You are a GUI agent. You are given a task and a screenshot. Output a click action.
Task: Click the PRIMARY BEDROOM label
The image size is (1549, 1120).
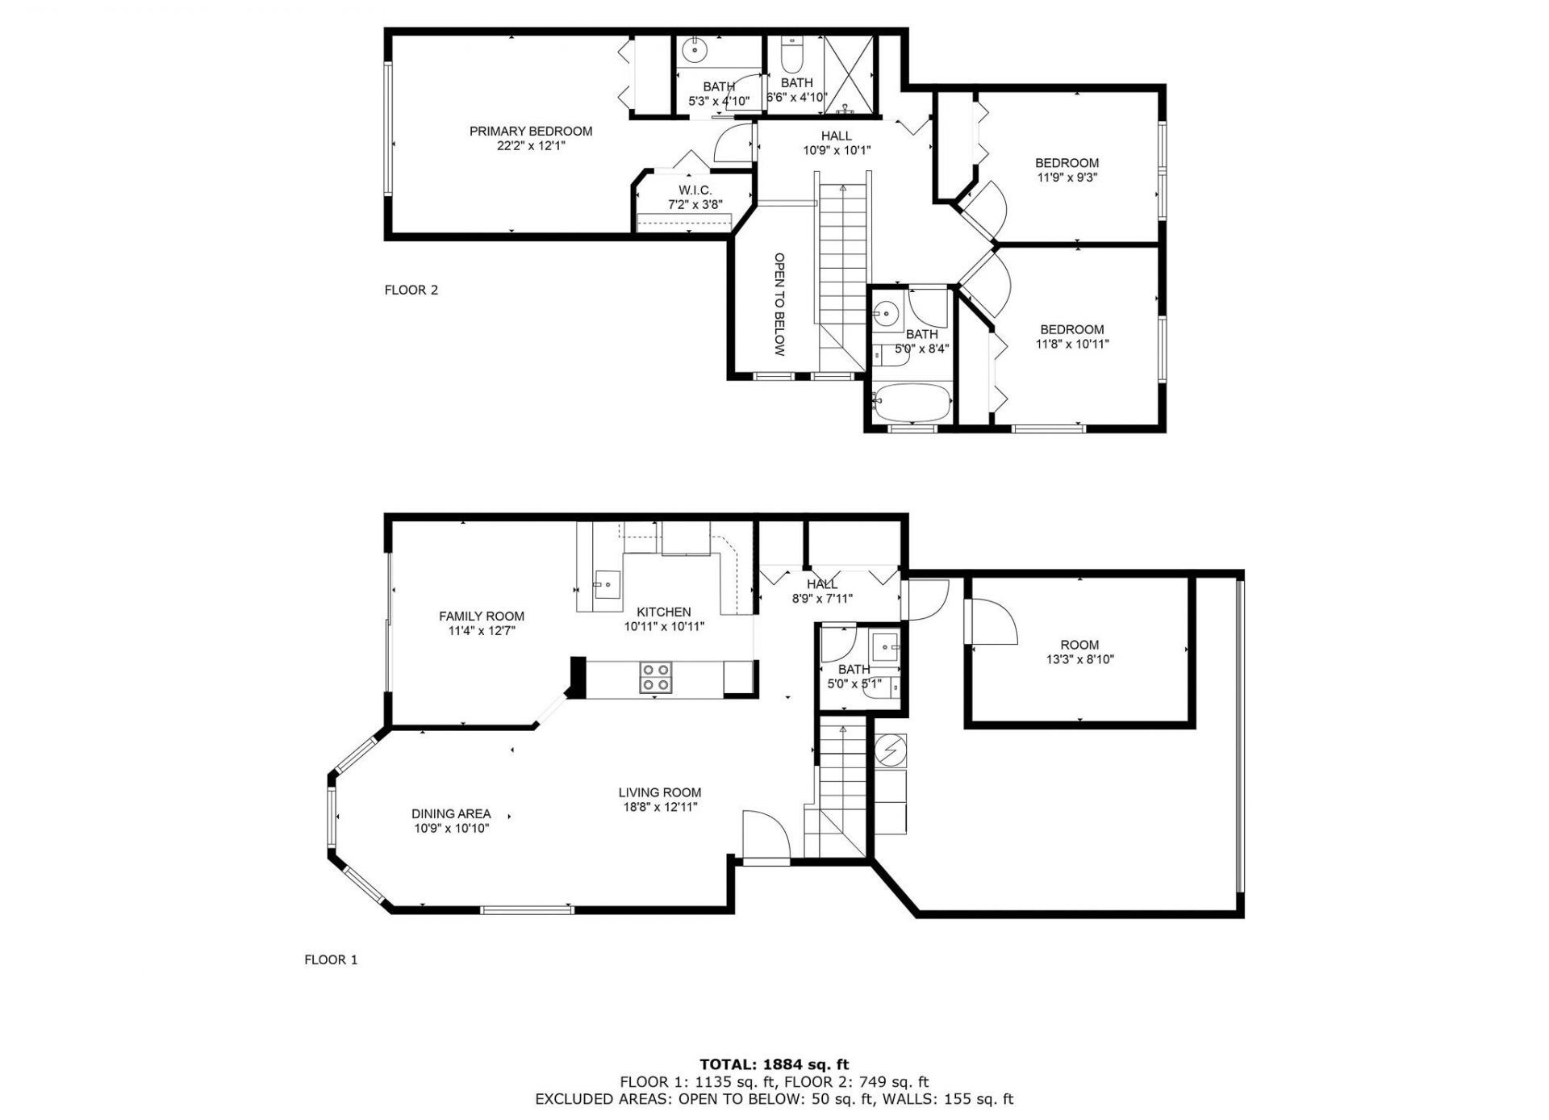click(530, 131)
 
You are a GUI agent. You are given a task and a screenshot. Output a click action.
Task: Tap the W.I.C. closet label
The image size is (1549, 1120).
click(695, 190)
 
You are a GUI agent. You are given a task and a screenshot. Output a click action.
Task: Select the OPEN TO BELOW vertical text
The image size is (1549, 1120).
click(779, 304)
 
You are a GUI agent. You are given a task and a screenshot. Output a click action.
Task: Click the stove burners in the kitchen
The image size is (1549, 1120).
click(655, 678)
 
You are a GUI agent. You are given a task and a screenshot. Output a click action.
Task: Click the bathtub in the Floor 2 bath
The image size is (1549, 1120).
click(912, 403)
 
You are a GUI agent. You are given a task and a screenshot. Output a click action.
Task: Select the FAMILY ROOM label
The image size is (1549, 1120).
click(481, 616)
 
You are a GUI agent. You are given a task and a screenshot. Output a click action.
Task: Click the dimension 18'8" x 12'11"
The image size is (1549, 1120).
click(659, 807)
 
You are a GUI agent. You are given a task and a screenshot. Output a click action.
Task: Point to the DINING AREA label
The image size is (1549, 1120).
click(451, 814)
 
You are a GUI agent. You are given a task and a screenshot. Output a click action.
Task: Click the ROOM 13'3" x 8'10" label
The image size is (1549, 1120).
click(1079, 645)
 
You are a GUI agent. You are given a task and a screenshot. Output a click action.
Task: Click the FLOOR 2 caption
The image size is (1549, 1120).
click(411, 290)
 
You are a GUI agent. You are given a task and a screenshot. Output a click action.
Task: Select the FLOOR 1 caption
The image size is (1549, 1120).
click(330, 960)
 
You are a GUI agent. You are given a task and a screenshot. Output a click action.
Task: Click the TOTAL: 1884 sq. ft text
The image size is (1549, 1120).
click(774, 1065)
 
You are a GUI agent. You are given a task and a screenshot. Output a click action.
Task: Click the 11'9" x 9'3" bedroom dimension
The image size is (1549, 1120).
click(1067, 178)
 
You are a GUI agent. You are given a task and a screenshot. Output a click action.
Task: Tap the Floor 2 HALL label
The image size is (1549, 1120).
click(836, 136)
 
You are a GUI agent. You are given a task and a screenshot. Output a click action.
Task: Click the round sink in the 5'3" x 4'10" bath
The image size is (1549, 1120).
click(694, 51)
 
